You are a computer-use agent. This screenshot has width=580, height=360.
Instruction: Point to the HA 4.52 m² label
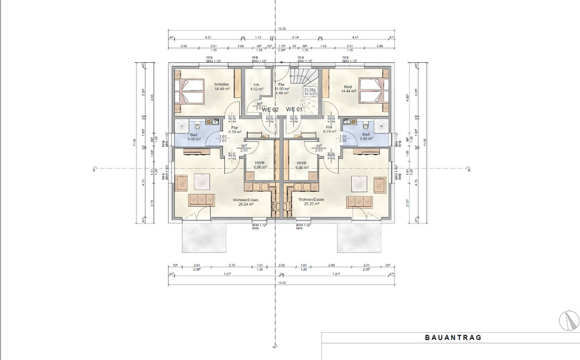click(256, 87)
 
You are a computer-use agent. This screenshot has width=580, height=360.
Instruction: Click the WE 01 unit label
click(294, 109)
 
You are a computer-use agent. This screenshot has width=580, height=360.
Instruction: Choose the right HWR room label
click(301, 165)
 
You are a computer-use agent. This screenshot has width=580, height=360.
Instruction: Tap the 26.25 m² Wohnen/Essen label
click(311, 202)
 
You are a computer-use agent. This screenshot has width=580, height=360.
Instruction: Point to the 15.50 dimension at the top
click(282, 28)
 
